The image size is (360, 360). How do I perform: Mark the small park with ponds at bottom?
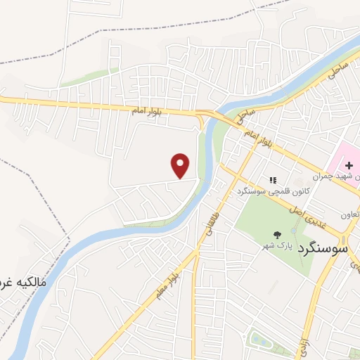264,340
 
